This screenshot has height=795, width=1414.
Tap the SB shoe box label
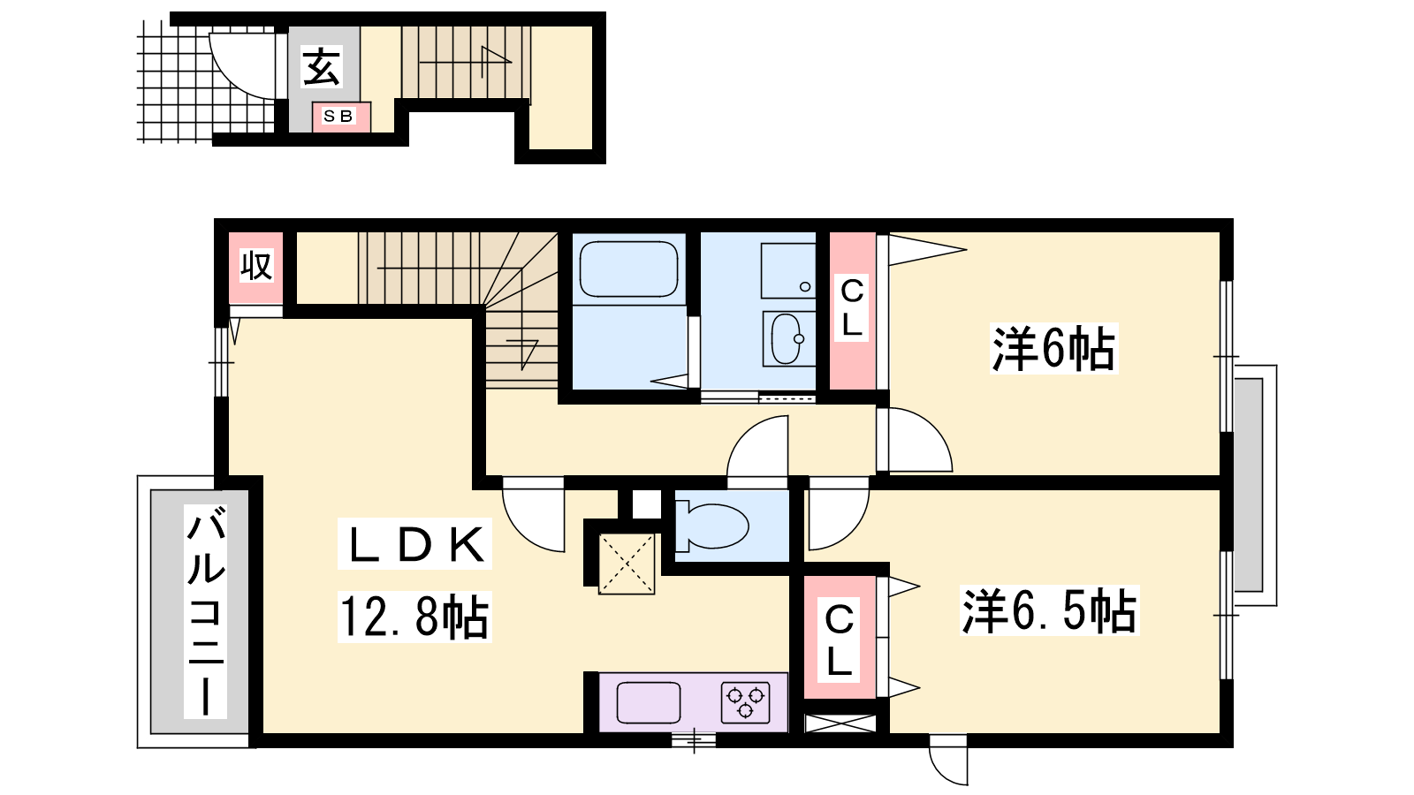pos(338,116)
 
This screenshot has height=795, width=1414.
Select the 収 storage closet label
pos(256,266)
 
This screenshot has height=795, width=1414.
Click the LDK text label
pos(415,543)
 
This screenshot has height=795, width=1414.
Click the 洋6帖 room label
pos(1053,348)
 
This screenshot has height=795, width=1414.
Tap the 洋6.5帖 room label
pos(1048,610)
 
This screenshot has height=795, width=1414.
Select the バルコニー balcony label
pos(205,610)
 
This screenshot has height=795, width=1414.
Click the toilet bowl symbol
pos(711,525)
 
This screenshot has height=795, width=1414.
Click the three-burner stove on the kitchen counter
pos(746,702)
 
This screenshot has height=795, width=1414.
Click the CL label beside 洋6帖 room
pos(851,309)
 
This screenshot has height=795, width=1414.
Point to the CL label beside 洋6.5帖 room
pos(839,640)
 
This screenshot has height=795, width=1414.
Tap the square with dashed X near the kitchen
pos(627,564)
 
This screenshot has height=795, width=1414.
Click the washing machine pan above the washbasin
pos(787,271)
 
